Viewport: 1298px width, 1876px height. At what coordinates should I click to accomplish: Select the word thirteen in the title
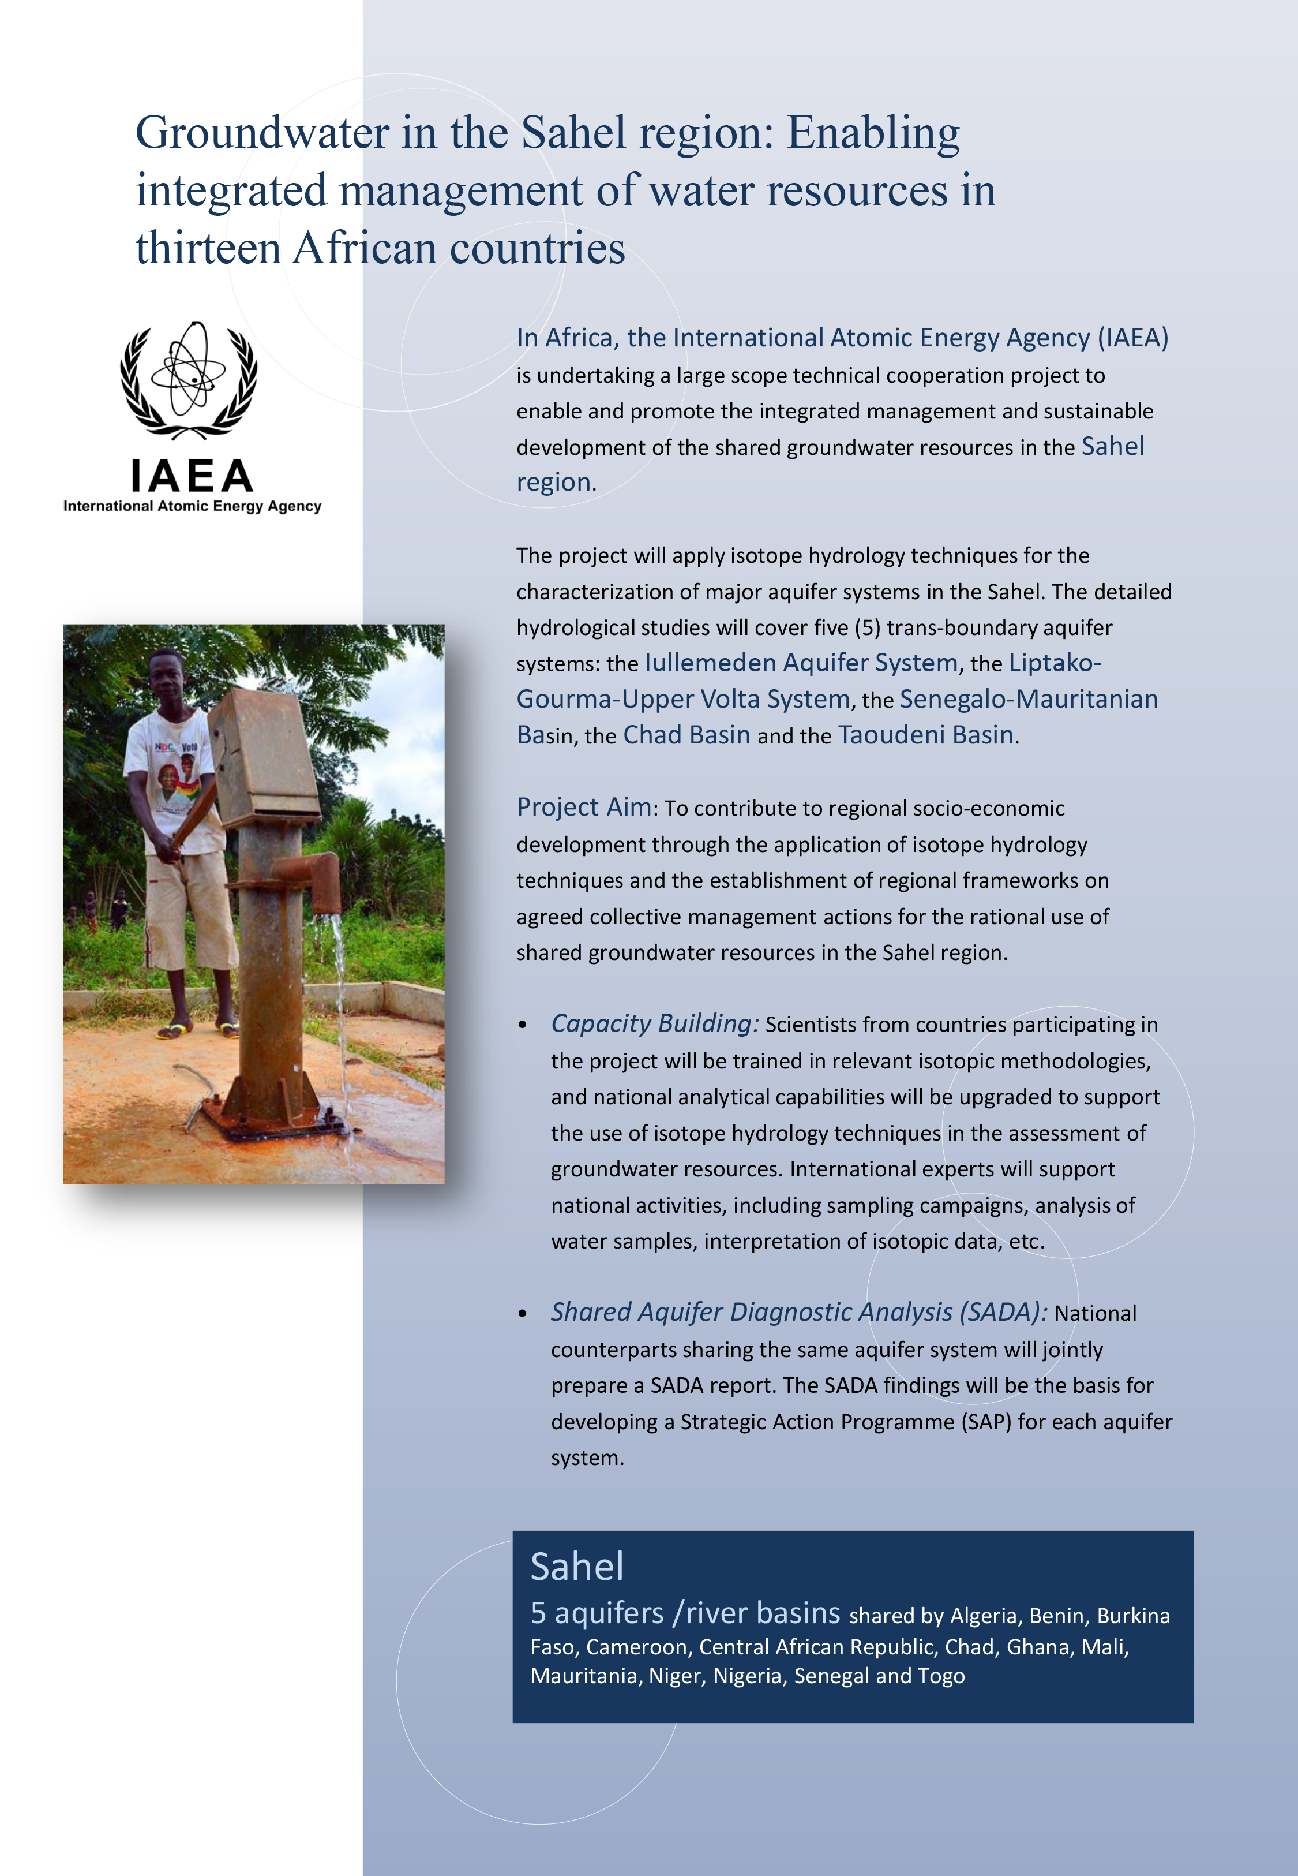tap(207, 248)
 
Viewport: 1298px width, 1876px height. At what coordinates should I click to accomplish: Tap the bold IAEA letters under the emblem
tap(192, 476)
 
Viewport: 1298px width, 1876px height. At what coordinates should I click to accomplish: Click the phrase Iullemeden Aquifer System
tap(801, 663)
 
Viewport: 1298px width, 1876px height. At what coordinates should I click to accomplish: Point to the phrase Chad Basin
tap(686, 735)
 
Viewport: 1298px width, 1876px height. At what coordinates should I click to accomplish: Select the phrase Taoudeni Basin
tap(925, 735)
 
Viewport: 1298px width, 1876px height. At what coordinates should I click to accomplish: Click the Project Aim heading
tap(584, 807)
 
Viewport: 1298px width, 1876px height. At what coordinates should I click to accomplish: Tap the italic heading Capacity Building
tap(655, 1023)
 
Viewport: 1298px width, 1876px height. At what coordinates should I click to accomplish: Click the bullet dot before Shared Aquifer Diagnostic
tap(523, 1314)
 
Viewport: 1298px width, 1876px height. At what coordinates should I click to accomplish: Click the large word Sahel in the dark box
tap(577, 1566)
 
